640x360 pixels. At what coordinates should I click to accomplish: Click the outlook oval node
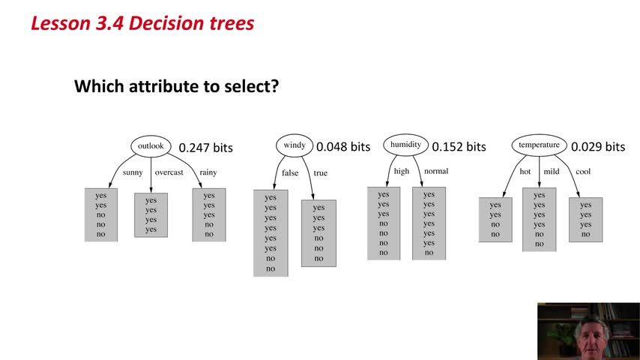151,146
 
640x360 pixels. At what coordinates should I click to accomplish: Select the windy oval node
295,145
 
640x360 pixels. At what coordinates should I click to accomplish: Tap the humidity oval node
405,145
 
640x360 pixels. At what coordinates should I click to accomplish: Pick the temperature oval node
539,145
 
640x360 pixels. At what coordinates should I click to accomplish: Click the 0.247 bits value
205,148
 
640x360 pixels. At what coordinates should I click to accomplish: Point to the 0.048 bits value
343,147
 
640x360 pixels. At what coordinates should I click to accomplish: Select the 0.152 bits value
459,147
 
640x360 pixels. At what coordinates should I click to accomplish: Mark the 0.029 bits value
598,147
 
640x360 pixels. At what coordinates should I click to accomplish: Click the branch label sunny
133,172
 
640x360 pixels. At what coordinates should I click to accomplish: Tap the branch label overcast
169,172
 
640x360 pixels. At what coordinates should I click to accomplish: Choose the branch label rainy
208,172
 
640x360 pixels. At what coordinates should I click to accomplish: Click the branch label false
290,172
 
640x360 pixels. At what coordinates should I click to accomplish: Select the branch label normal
436,171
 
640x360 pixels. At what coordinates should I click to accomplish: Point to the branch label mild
552,172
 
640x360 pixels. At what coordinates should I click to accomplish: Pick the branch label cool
583,172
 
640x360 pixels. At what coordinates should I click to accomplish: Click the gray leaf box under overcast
151,215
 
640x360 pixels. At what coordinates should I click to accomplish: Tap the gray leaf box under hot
495,220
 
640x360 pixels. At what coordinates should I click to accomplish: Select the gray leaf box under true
319,233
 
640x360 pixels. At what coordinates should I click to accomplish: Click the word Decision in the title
167,23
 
